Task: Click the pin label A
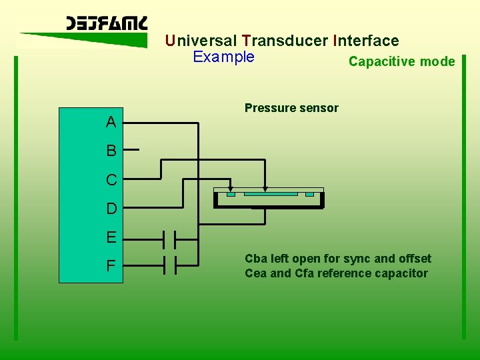111,122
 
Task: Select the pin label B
111,151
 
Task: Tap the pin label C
111,180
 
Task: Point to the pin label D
111,209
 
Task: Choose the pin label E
111,237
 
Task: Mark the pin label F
111,266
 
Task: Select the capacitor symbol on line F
169,265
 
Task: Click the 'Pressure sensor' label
291,108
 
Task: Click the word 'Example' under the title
223,57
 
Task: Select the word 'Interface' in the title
365,41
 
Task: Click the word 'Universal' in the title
201,41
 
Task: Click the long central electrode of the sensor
271,194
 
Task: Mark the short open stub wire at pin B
131,151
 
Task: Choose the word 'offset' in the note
414,259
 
